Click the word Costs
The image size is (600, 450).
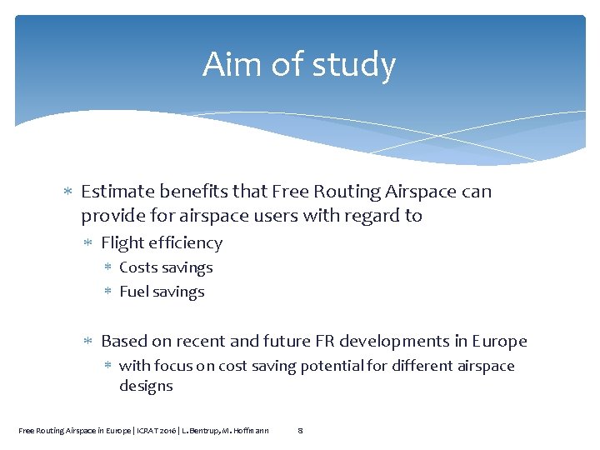pyautogui.click(x=139, y=267)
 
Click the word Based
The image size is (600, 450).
pyautogui.click(x=122, y=341)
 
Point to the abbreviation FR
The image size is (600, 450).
pyautogui.click(x=324, y=341)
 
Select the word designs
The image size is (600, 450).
pyautogui.click(x=146, y=386)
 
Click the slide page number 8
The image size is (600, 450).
pyautogui.click(x=300, y=430)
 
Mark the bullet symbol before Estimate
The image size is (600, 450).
pyautogui.click(x=69, y=192)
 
